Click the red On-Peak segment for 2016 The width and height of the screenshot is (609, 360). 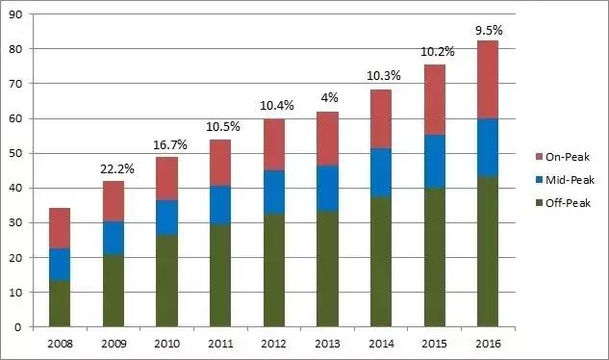coord(488,79)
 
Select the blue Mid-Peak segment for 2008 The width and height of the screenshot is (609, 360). coord(60,265)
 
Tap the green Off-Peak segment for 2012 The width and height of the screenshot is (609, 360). coord(274,270)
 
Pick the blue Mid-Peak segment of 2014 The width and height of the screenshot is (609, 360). coord(381,172)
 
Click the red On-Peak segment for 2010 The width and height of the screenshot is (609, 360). coord(167,179)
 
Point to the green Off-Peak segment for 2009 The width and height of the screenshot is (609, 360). coord(114,291)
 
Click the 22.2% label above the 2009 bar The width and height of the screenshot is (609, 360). coord(117,169)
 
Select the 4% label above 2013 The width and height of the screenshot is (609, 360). coord(329,97)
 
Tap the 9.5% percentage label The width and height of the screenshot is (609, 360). coord(489,31)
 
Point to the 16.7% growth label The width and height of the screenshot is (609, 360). coord(170,145)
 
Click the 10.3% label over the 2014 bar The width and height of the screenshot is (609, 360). coord(384,76)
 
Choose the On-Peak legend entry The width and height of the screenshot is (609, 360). coord(563,157)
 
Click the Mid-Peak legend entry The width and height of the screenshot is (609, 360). coord(565,180)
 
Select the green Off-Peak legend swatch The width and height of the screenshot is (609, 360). coord(539,203)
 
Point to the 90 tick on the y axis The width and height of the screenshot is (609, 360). coord(16,14)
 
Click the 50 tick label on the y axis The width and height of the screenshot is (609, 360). coord(16,153)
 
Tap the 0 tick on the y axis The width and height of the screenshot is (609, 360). coord(18,327)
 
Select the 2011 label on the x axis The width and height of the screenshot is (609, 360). coord(220,344)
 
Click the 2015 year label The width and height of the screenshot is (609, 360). coord(435,344)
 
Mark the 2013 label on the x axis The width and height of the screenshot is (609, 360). coord(327,344)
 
